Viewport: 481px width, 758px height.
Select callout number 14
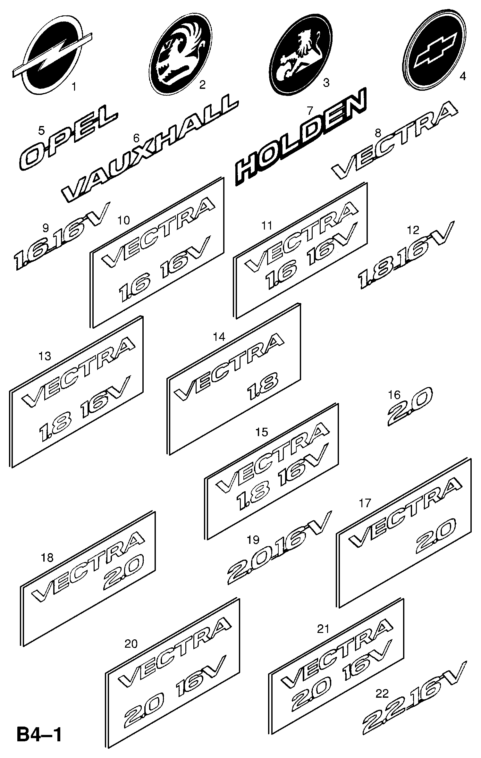(219, 337)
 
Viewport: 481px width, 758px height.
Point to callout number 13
(45, 356)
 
